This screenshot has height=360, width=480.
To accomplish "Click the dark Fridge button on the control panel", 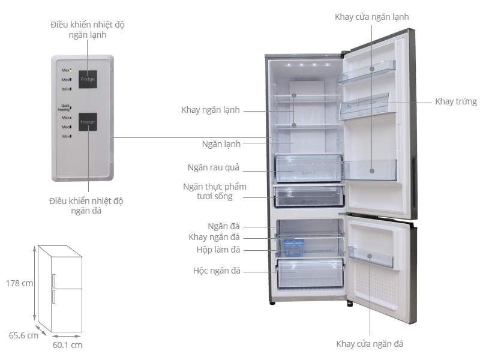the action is click(88, 79).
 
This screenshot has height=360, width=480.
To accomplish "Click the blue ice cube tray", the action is click(293, 247).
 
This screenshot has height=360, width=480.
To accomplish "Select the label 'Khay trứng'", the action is click(456, 101).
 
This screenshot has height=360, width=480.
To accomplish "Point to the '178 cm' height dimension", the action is click(19, 283).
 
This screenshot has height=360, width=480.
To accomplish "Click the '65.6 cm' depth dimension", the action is click(23, 335).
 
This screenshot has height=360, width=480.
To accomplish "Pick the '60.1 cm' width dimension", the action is click(67, 345).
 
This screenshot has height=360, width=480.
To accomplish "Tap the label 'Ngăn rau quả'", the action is click(214, 168).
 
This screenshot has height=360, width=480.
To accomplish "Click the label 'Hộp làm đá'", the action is click(218, 250).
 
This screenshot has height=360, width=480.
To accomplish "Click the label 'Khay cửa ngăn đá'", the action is click(370, 344).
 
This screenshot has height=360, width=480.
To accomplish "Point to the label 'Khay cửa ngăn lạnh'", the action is click(371, 17).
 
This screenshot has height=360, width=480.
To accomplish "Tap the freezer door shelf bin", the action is click(371, 257).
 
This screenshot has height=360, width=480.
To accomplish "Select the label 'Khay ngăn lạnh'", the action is click(211, 110).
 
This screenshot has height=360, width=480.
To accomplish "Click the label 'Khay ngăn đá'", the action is click(214, 237).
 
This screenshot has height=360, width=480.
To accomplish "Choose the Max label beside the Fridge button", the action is click(66, 70).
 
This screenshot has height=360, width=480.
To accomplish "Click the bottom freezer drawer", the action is click(310, 273).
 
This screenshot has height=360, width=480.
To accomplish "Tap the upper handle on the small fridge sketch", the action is click(53, 281).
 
